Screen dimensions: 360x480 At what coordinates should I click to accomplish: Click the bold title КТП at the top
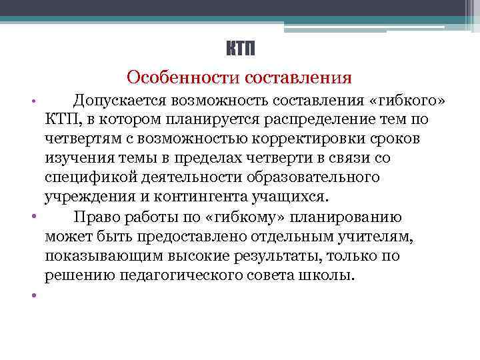pyautogui.click(x=239, y=49)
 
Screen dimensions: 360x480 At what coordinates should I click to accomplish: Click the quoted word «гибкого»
pyautogui.click(x=406, y=101)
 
